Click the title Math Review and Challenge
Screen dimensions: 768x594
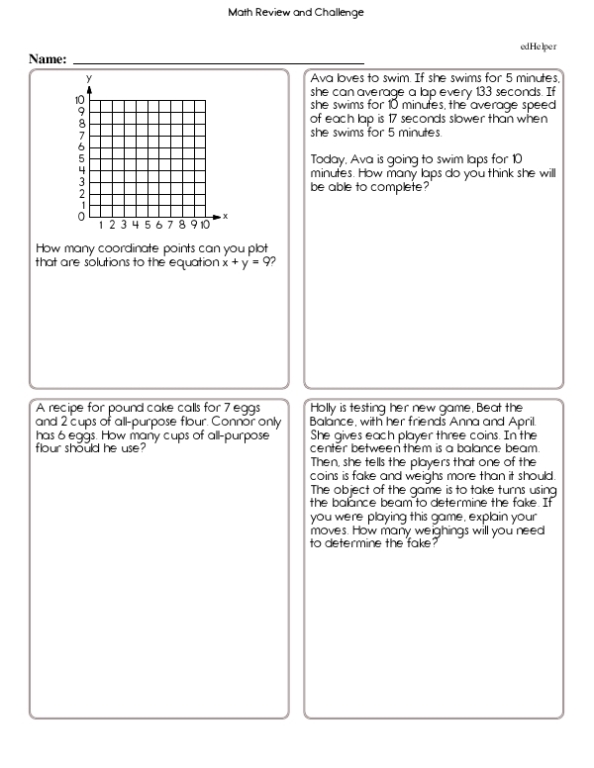point(296,13)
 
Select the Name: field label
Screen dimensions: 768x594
point(48,60)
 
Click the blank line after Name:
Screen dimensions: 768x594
point(218,62)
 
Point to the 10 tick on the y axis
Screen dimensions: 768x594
point(79,101)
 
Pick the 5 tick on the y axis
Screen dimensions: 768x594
point(81,158)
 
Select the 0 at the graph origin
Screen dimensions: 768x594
point(81,217)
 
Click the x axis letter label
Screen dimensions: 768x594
point(226,215)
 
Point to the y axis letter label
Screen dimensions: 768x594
point(88,77)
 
